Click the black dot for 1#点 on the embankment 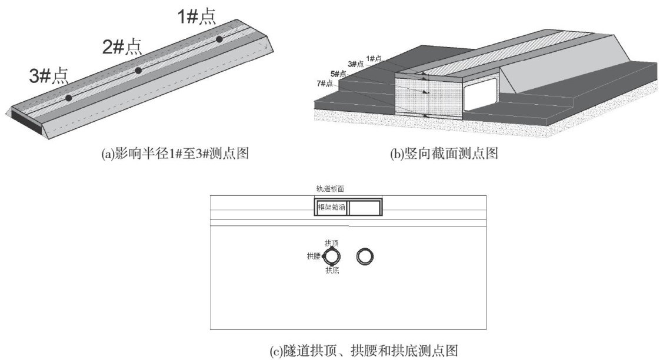pyautogui.click(x=219, y=39)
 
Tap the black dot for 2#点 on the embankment pyautogui.click(x=138, y=71)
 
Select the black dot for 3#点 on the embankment pyautogui.click(x=68, y=98)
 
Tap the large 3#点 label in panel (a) pyautogui.click(x=49, y=75)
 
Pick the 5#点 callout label pyautogui.click(x=338, y=74)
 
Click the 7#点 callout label pyautogui.click(x=324, y=84)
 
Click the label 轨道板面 pyautogui.click(x=329, y=189)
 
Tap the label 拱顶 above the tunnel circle pyautogui.click(x=331, y=242)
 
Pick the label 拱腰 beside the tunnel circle pyautogui.click(x=313, y=256)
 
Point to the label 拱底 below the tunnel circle pyautogui.click(x=332, y=271)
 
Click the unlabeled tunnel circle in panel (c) pyautogui.click(x=365, y=256)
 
